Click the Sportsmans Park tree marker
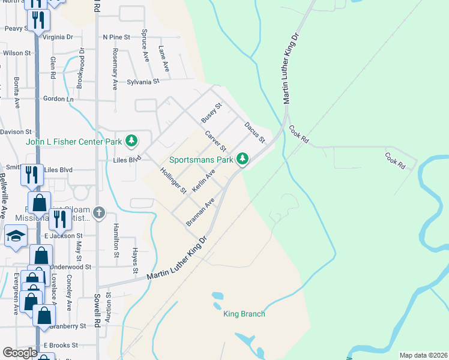click(242, 159)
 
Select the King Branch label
click(244, 314)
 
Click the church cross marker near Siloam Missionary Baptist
click(99, 212)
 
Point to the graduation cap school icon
click(14, 236)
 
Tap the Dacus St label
click(255, 133)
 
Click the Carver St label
click(215, 140)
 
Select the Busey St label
click(211, 112)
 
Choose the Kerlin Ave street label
click(203, 181)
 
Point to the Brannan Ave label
click(200, 212)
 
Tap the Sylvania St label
click(143, 82)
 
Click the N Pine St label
click(116, 37)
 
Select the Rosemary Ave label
click(115, 70)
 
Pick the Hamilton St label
click(116, 241)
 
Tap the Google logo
click(20, 353)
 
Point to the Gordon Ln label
click(57, 98)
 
